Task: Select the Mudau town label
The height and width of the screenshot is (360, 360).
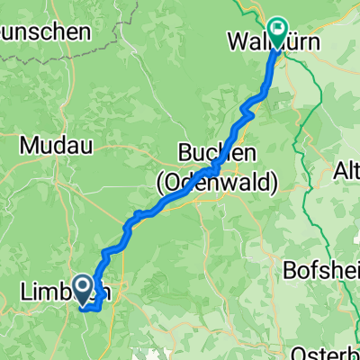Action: [54, 143]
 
